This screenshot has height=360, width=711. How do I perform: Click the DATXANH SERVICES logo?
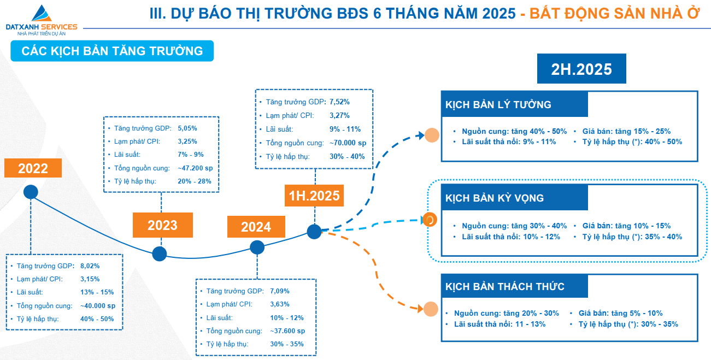(x=42, y=20)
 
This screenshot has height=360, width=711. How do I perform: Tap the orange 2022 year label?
(x=33, y=168)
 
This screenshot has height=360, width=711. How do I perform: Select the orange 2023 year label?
(x=162, y=225)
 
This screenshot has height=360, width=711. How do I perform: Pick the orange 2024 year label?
(x=256, y=227)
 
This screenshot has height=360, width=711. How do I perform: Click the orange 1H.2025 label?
(x=314, y=196)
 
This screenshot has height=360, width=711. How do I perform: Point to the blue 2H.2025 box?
(x=581, y=69)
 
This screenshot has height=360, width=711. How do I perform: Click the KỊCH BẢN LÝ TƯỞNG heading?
(x=498, y=105)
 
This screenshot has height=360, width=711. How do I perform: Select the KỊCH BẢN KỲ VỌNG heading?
(x=495, y=198)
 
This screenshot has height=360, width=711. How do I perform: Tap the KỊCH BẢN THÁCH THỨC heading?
(x=504, y=286)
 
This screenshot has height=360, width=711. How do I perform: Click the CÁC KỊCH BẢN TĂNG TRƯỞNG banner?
(x=112, y=51)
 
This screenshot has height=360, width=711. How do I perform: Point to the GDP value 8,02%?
(x=90, y=266)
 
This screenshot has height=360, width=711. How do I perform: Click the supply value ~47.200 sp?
(x=195, y=168)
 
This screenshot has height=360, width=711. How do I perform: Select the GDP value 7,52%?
(x=339, y=102)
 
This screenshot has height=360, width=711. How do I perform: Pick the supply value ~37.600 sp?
(x=287, y=331)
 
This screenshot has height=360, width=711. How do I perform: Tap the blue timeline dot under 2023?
(x=160, y=253)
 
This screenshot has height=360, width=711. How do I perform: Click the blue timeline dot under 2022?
(x=31, y=192)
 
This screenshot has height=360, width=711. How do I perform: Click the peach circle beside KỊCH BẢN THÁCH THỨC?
(x=431, y=309)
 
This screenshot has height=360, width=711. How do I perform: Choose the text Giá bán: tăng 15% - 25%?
(x=626, y=131)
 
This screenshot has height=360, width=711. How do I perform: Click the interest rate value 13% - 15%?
(x=97, y=292)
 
